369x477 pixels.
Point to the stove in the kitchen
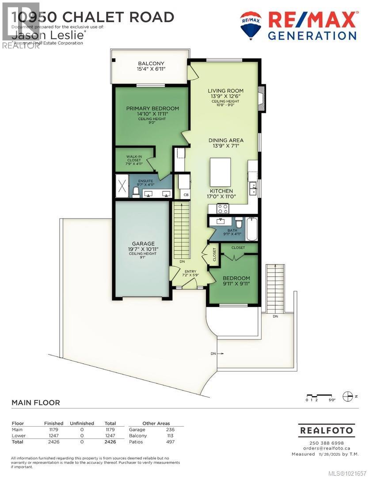point(222,208)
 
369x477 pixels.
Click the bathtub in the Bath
point(252,228)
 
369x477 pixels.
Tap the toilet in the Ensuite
point(137,191)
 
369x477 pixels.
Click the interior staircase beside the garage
point(182,232)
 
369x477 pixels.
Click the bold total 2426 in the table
point(110,442)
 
